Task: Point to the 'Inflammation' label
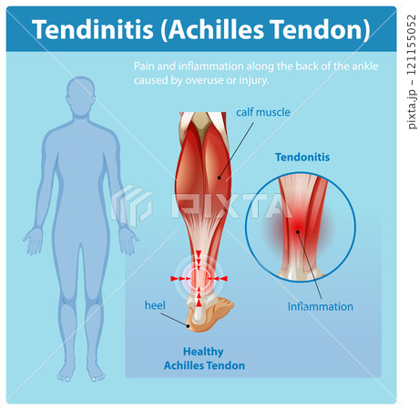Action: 320,306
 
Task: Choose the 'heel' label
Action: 155,304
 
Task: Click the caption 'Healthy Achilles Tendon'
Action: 204,359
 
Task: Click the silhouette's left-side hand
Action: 34,241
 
